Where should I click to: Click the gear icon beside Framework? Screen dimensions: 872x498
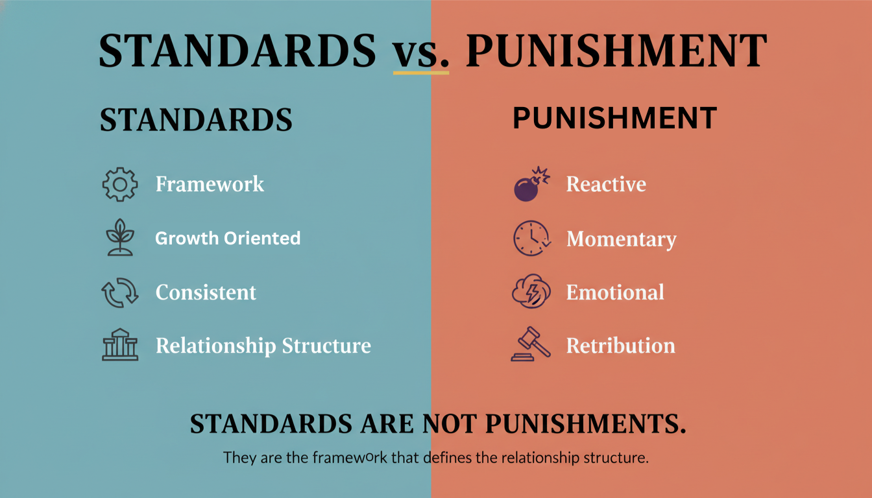[x=120, y=184]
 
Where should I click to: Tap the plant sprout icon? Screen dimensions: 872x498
[x=120, y=237]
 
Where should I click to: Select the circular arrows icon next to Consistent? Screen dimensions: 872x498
[x=120, y=292]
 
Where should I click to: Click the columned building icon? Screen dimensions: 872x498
[x=120, y=345]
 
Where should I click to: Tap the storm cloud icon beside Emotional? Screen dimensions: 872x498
[x=531, y=291]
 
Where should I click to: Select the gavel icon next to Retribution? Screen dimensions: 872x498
[x=531, y=344]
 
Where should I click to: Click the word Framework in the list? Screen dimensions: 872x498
[x=210, y=184]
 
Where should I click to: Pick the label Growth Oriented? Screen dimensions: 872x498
[x=228, y=239]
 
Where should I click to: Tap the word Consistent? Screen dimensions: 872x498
[x=206, y=292]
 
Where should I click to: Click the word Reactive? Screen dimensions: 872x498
[x=606, y=184]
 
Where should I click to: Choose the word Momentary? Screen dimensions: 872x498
[x=622, y=239]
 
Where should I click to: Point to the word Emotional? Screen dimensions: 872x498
[x=616, y=292]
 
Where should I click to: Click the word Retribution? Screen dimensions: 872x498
[x=621, y=346]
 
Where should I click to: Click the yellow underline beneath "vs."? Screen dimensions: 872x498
[x=421, y=73]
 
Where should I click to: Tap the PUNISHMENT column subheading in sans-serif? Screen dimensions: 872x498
[x=615, y=118]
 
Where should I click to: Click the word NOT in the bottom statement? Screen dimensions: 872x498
[x=450, y=423]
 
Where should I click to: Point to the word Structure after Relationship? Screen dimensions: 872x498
[x=326, y=346]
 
